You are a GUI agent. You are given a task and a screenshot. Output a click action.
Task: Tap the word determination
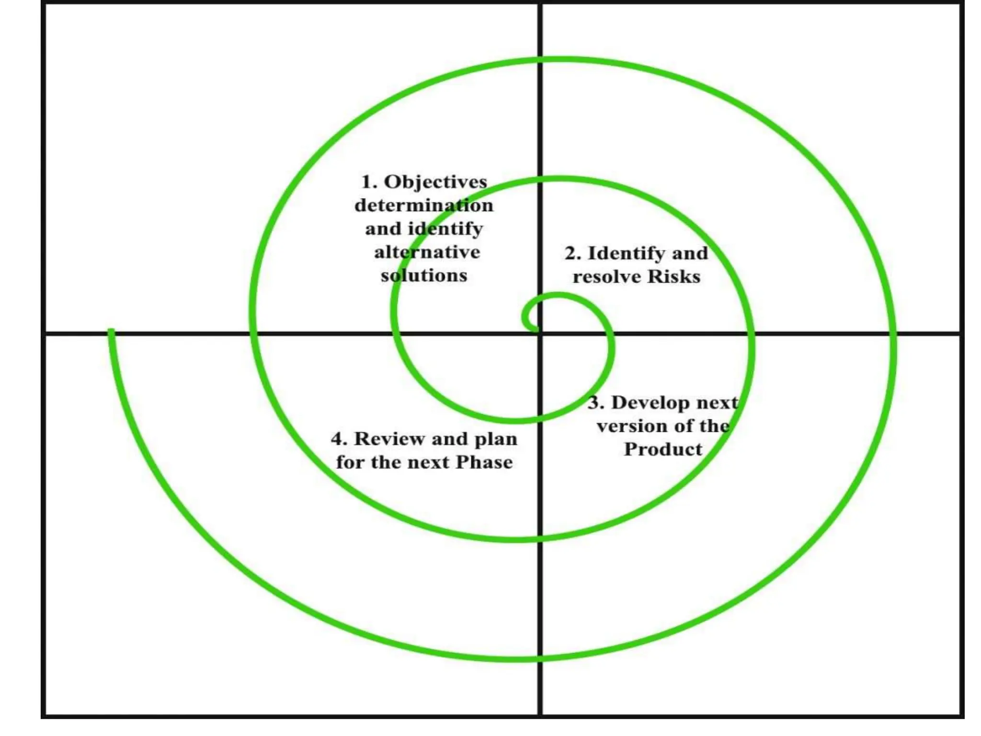424,206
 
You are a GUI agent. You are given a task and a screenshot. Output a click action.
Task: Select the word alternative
427,252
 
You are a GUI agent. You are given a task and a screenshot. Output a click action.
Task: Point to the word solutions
424,276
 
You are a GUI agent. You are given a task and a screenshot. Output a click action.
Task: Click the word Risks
674,276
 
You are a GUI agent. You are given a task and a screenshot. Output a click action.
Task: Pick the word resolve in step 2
607,277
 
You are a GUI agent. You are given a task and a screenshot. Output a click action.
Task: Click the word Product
663,449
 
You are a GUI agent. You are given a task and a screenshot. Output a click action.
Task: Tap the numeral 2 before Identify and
571,253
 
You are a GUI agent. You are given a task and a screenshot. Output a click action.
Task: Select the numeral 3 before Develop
594,403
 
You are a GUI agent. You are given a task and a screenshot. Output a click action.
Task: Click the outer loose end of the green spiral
111,331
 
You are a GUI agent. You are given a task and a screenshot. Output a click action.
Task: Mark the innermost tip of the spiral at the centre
535,328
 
